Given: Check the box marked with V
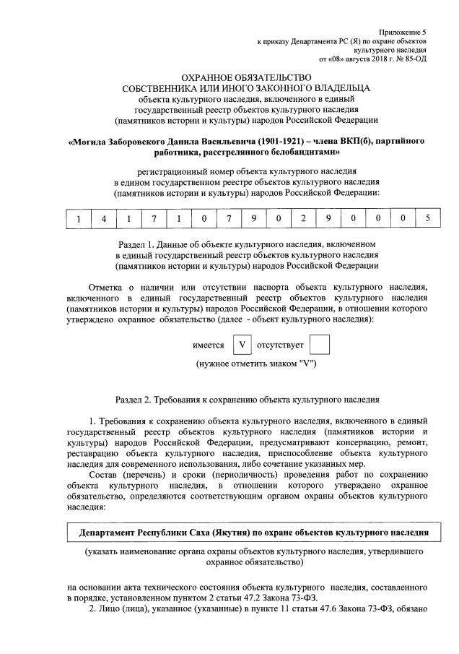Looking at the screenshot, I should (x=243, y=345).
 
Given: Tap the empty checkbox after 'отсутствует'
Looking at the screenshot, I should (x=319, y=345).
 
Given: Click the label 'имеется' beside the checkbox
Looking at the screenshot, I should (x=209, y=345).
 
